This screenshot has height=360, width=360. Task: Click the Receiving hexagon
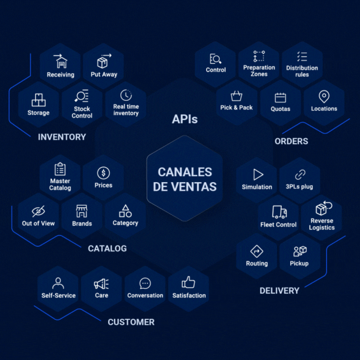[x=60, y=66]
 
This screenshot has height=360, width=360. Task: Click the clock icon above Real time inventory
[x=126, y=95]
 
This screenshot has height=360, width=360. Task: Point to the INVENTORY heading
[x=62, y=137]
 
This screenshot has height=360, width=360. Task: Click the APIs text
[x=185, y=119]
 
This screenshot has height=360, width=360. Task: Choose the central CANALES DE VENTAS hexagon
[x=185, y=179]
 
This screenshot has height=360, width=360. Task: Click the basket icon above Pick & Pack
[x=236, y=96]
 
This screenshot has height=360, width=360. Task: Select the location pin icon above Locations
[x=324, y=97]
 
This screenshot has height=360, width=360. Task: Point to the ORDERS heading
[x=291, y=141]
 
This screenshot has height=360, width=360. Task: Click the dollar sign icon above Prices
[x=103, y=173]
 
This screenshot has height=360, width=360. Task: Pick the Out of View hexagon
[x=38, y=216]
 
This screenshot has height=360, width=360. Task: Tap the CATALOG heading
[x=107, y=248]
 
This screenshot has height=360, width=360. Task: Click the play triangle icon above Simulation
[x=258, y=174]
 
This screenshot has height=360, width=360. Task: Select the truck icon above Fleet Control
[x=279, y=212]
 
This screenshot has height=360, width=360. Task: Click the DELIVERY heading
[x=279, y=291]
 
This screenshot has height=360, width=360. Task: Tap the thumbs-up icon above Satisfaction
[x=189, y=283]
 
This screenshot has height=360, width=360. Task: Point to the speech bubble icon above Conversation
[x=145, y=284]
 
